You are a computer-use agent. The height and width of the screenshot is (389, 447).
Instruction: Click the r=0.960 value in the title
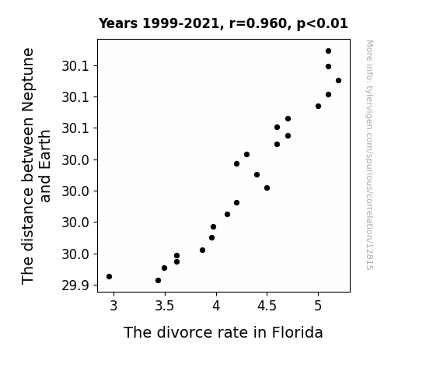[x=258, y=23]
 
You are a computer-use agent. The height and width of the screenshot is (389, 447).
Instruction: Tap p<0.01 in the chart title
[x=322, y=24]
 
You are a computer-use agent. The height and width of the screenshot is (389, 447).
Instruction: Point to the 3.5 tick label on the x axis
[x=164, y=307]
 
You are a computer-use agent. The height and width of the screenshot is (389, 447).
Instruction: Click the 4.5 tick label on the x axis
[x=267, y=307]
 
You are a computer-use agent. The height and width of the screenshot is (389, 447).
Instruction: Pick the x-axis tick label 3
[x=113, y=307]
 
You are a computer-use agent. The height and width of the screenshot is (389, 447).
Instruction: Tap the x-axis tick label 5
[x=318, y=307]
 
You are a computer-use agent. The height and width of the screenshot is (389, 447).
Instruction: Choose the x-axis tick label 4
[x=216, y=307]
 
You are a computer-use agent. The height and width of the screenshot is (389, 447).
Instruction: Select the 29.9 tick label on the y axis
[x=75, y=286]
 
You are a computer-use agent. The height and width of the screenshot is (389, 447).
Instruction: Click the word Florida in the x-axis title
[x=297, y=332]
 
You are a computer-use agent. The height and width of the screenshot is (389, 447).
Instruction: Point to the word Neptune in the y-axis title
[x=28, y=80]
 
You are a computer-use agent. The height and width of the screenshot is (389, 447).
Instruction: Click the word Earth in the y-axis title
[x=45, y=166]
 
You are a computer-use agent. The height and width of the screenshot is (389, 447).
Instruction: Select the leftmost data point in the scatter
[x=109, y=276]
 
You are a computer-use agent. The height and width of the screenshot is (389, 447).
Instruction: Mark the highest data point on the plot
[x=328, y=51]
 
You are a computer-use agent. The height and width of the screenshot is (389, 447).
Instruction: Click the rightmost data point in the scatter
[x=339, y=80]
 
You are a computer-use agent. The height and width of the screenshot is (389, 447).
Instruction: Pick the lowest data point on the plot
[x=159, y=281]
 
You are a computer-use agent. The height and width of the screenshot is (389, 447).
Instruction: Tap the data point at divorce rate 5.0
[x=319, y=106]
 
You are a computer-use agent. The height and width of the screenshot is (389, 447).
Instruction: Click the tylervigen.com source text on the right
[x=369, y=155]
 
